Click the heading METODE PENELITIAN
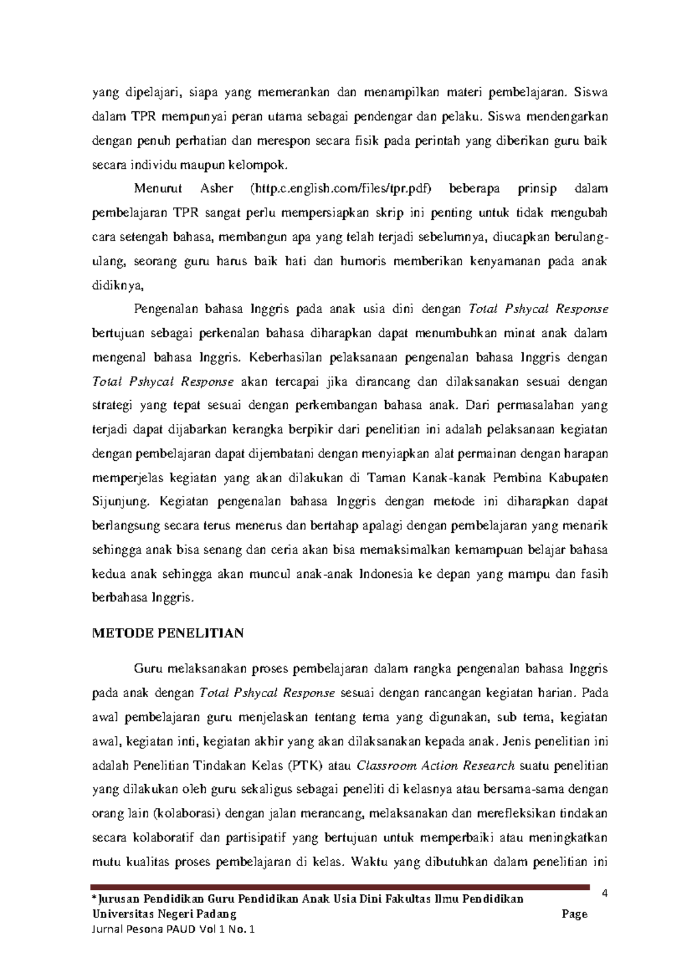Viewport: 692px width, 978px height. [x=168, y=634]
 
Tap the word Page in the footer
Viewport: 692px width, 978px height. [x=574, y=914]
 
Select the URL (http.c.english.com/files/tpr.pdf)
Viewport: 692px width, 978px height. [x=340, y=189]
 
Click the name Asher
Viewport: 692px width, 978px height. [x=216, y=189]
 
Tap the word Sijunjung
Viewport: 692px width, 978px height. [x=120, y=502]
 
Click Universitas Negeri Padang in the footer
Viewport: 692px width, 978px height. [x=164, y=914]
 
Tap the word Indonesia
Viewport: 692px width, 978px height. [x=385, y=574]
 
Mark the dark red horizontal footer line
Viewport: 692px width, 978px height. [x=340, y=887]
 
